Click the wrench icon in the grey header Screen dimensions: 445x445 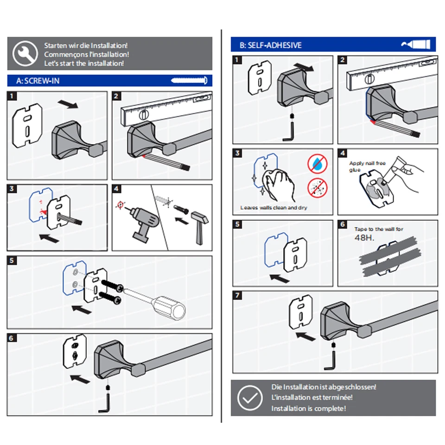(25, 54)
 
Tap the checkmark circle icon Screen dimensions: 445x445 (250, 398)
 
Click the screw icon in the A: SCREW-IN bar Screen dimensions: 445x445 (189, 81)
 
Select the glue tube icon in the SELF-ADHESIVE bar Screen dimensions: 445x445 (416, 44)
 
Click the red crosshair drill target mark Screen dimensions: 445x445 (121, 204)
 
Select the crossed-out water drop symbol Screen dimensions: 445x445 (317, 164)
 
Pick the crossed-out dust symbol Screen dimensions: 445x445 (317, 188)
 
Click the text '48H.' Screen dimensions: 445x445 (364, 237)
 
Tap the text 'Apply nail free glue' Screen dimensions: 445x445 (367, 166)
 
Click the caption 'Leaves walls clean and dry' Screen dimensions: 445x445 (273, 208)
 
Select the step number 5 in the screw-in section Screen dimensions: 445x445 (12, 261)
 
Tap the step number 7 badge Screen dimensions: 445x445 (237, 295)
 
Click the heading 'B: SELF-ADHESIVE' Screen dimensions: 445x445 (270, 45)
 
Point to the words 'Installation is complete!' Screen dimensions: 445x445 (309, 408)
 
